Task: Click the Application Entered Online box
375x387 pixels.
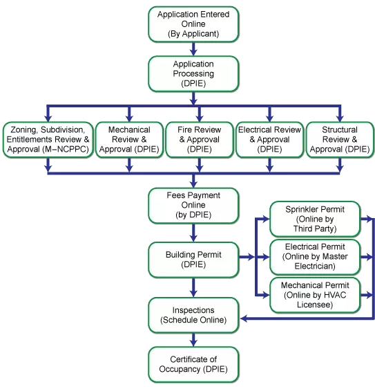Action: (193, 24)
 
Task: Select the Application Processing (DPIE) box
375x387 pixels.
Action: (193, 74)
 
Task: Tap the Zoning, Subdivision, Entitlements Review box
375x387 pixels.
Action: (47, 140)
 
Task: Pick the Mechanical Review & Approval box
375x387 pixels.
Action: (128, 140)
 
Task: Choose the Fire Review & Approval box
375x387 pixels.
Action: (199, 140)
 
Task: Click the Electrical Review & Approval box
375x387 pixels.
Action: (269, 140)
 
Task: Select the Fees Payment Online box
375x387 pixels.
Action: (193, 205)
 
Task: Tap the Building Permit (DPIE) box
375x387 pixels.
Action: (193, 259)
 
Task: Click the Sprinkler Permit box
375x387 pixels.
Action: (314, 219)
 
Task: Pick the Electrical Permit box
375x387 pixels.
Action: (314, 257)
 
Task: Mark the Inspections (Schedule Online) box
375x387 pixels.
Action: (193, 314)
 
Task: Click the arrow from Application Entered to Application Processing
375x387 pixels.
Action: (193, 48)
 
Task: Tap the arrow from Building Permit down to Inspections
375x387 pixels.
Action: (193, 287)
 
